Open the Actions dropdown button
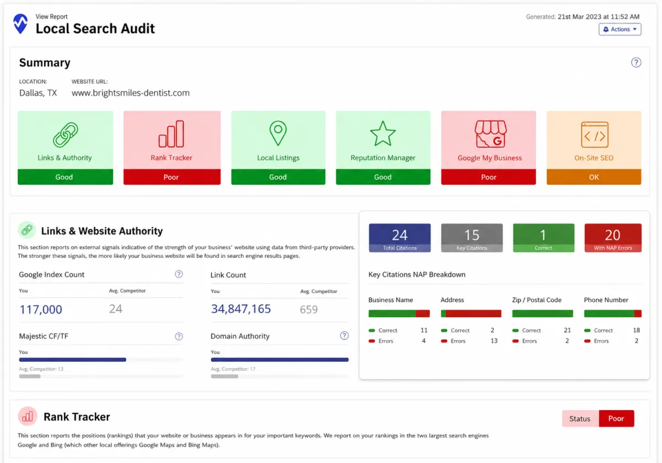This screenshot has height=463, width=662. tap(620, 29)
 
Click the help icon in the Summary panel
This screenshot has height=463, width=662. tap(636, 62)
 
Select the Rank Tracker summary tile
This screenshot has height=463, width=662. tap(172, 148)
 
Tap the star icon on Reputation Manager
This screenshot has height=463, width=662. tap(383, 134)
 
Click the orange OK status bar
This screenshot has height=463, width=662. tap(594, 177)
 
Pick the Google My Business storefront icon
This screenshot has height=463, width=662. tap(490, 134)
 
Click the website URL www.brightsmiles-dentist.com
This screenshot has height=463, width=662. tap(131, 93)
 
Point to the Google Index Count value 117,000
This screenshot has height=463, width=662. tap(41, 309)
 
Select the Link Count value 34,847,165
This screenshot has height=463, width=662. tap(241, 308)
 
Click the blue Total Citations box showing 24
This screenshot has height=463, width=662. tap(399, 238)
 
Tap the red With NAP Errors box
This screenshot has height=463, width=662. tap(613, 238)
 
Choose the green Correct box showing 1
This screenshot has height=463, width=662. tap(543, 238)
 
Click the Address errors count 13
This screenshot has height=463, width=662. tap(494, 341)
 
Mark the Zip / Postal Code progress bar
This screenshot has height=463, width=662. tap(543, 313)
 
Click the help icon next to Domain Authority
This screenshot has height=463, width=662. tap(344, 336)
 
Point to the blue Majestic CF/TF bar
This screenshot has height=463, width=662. tap(73, 359)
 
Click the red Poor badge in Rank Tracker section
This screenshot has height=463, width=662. tap(616, 418)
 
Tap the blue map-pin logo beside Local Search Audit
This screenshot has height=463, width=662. tap(20, 24)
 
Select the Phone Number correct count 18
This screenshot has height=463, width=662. tap(636, 330)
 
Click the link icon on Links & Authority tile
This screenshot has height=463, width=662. tap(65, 135)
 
